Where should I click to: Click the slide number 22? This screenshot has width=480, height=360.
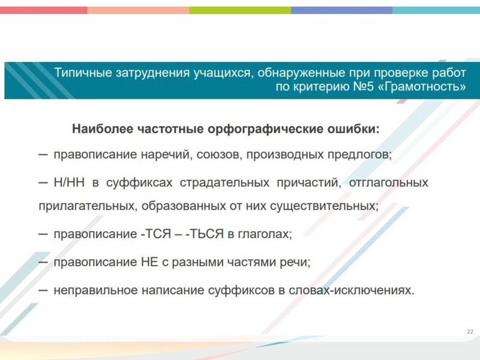pos(469,332)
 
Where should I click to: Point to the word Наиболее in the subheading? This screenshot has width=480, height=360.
pos(102,128)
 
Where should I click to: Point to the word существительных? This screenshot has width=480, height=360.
pos(328,206)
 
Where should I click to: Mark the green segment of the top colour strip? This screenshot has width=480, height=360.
pos(240,10)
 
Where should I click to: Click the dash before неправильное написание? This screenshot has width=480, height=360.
pos(43,290)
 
